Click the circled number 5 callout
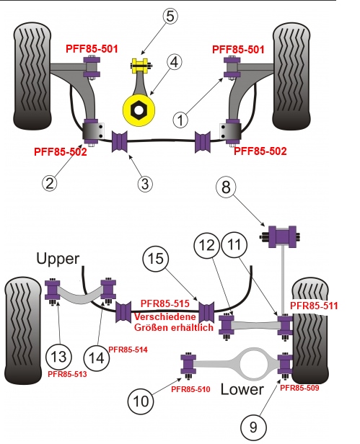tap(170, 16)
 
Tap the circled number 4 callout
tap(175, 62)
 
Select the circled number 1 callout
tap(180, 120)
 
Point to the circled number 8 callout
tap(226, 187)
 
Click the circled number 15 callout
tap(156, 259)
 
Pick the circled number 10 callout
tap(141, 401)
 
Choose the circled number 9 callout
tap(254, 427)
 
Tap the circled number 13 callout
tap(58, 357)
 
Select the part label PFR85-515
tap(165, 303)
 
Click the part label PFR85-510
tap(190, 389)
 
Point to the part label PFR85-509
tap(299, 388)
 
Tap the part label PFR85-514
tap(128, 350)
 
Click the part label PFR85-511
tap(314, 306)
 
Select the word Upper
tap(58, 259)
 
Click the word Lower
tap(242, 389)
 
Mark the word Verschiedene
tap(165, 316)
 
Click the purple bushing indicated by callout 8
tap(282, 236)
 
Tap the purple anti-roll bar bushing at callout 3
tap(120, 141)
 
